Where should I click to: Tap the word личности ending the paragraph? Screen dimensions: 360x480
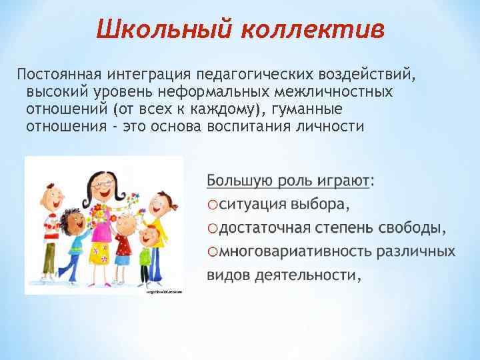[x=335, y=125]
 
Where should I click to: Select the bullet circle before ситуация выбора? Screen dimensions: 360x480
[x=213, y=205]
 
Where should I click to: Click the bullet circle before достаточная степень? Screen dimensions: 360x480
[x=213, y=229]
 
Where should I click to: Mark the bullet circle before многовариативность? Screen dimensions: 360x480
[x=213, y=253]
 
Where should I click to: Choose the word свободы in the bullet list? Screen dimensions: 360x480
[x=413, y=228]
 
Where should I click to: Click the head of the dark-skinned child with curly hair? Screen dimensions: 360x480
[x=71, y=218]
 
